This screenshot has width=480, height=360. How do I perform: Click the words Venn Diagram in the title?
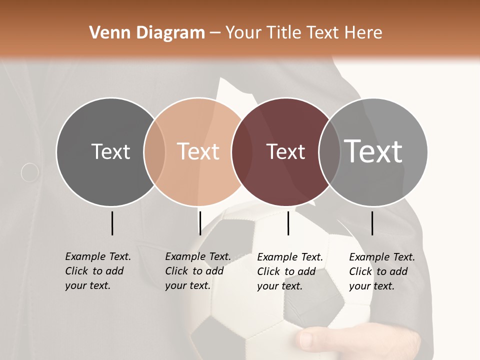click(x=147, y=33)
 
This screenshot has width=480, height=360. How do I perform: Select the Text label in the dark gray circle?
click(x=110, y=151)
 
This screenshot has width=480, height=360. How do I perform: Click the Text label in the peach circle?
click(x=198, y=151)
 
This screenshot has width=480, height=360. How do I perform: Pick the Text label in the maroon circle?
click(x=285, y=151)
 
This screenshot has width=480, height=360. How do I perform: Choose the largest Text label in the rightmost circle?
click(x=373, y=151)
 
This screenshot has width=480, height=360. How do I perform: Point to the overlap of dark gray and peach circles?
click(x=154, y=152)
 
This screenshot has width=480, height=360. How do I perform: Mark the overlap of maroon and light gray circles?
click(x=329, y=152)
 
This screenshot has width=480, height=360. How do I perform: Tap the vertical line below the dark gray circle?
click(x=112, y=223)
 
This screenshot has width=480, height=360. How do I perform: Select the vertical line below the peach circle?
click(x=200, y=223)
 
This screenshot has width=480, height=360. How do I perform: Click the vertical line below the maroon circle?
click(x=288, y=223)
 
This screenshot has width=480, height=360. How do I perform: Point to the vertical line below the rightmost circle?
click(x=372, y=223)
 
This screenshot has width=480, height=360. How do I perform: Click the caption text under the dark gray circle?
click(x=97, y=271)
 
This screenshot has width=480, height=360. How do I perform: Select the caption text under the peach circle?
click(x=197, y=271)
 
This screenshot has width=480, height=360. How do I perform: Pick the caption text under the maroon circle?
click(x=289, y=271)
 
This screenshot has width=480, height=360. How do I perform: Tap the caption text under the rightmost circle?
click(x=381, y=271)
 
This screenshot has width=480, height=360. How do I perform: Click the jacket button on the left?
click(x=30, y=172)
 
